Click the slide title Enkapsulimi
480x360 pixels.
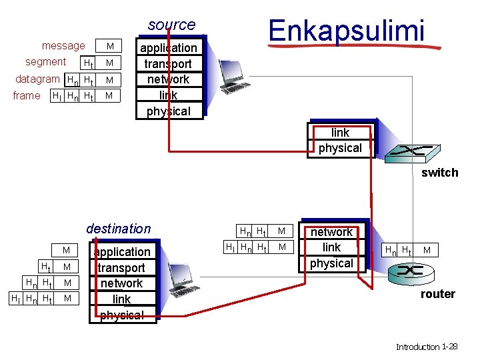pos(346,30)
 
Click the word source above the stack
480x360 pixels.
pos(171,25)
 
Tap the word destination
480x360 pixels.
pos(119,229)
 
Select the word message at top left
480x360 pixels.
pos(63,46)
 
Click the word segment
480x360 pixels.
pos(45,62)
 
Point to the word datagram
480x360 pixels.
pos(37,79)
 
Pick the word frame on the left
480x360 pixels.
pos(27,95)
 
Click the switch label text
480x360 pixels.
pos(439,173)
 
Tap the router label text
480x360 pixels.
pos(437,294)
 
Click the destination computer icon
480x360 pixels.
pos(179,274)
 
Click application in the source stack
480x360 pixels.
pos(168,48)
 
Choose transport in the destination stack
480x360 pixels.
pos(121,267)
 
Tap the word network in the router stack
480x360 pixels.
pos(331,232)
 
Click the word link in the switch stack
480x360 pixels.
pos(340,133)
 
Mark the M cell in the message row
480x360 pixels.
pos(110,46)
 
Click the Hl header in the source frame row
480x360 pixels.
pos(57,96)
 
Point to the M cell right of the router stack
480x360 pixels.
pos(427,250)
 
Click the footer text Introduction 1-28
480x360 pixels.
pos(426,347)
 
